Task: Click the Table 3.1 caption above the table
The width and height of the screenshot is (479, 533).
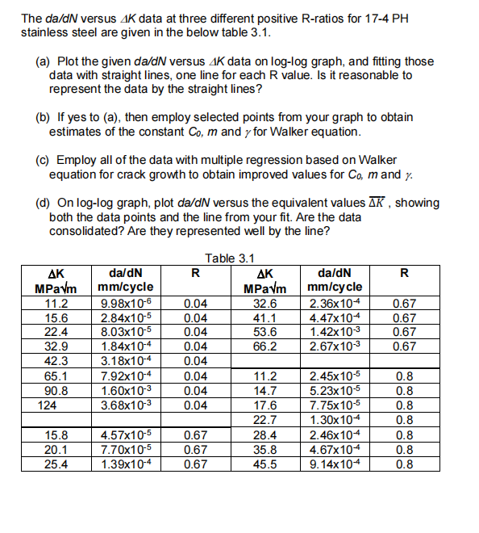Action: pyautogui.click(x=230, y=258)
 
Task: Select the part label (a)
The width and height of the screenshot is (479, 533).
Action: pyautogui.click(x=45, y=61)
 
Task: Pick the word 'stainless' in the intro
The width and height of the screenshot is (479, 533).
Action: pyautogui.click(x=47, y=32)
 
